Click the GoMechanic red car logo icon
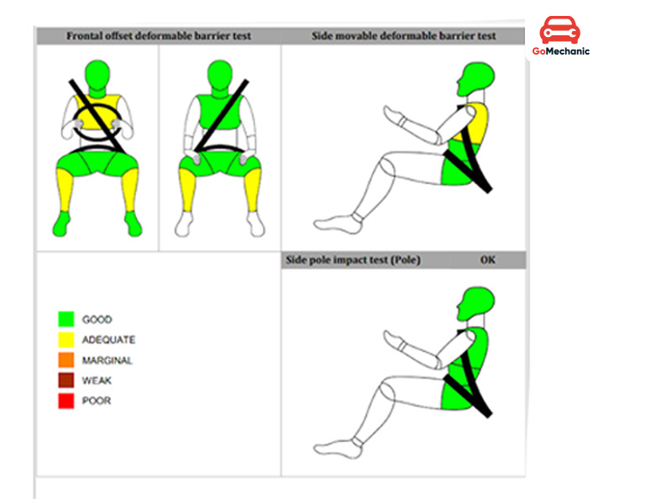tap(559, 30)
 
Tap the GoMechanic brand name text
tap(560, 51)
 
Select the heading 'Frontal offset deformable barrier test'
tap(159, 36)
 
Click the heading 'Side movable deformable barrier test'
tap(403, 36)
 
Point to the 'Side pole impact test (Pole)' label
tap(353, 260)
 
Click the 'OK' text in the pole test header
tap(488, 260)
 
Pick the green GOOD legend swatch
tap(66, 319)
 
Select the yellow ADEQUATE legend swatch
tap(66, 340)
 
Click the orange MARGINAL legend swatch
tap(66, 360)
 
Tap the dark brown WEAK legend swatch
tap(66, 381)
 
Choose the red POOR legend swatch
tap(66, 401)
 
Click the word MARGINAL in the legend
tap(108, 360)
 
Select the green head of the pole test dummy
tap(475, 303)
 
